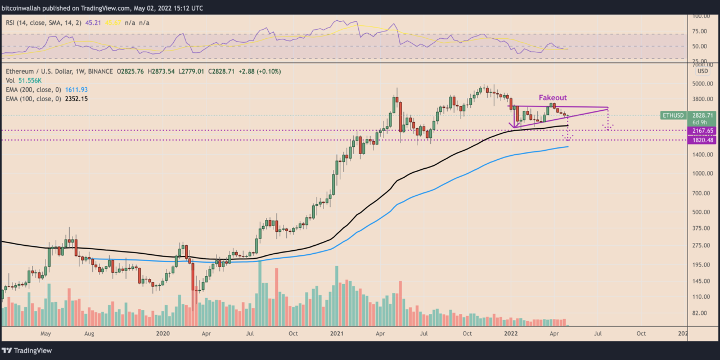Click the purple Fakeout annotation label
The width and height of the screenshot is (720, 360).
[552, 98]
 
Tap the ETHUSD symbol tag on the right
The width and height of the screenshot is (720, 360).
[673, 115]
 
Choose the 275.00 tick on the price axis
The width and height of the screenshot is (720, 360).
[701, 246]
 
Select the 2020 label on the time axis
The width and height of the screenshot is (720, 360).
[163, 333]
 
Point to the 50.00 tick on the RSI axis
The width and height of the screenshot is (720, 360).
[701, 46]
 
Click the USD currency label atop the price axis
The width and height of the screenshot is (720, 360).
[703, 71]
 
